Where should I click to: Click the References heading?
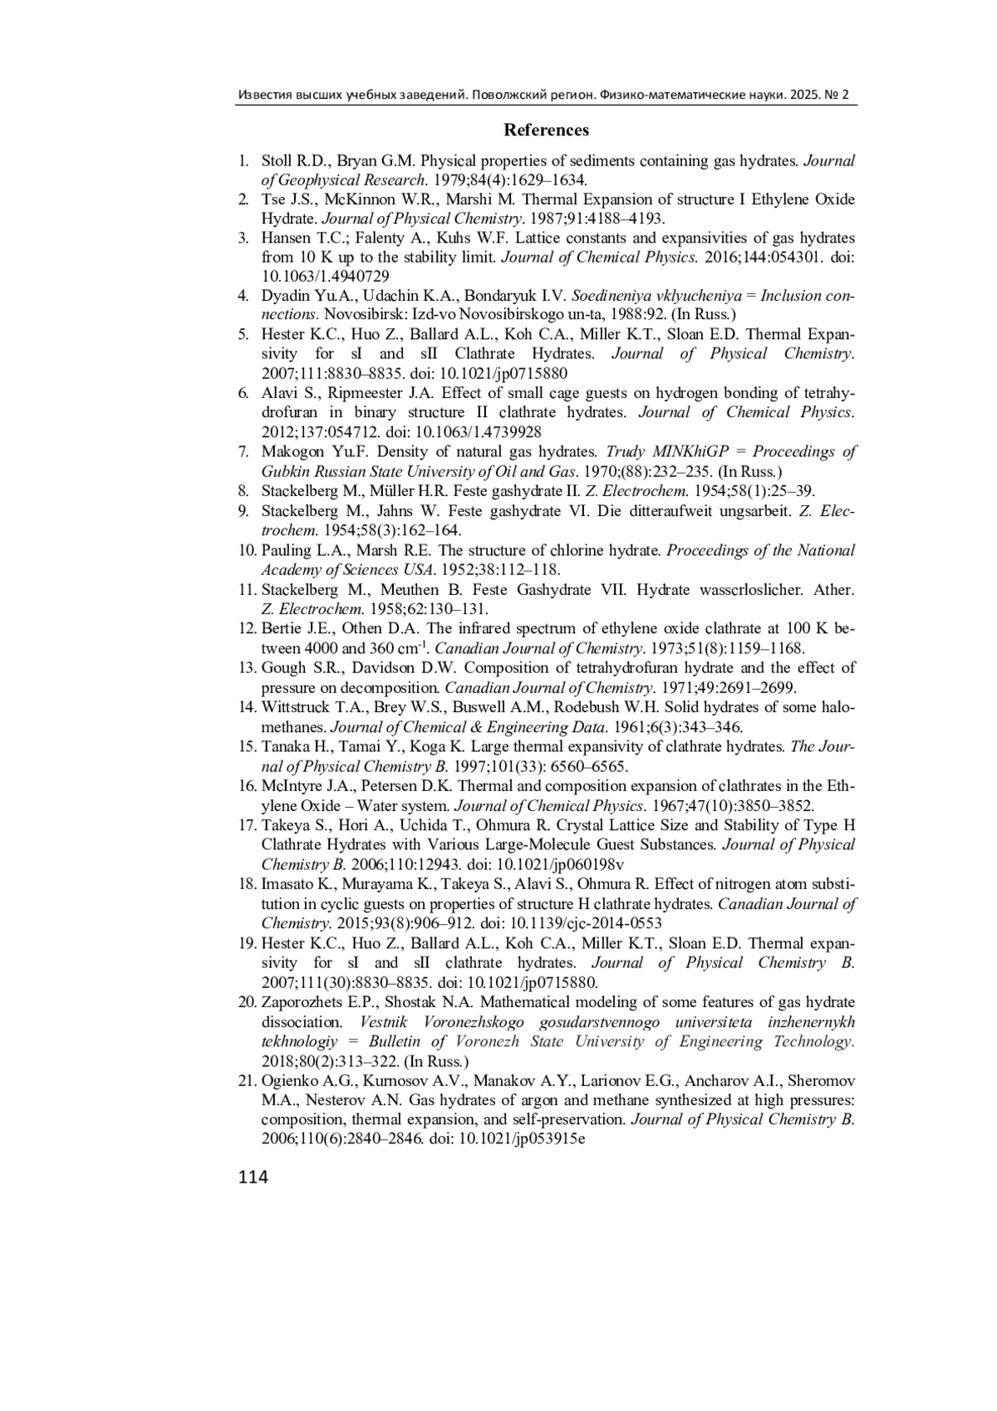point(546,130)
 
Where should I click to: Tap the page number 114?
point(253,1177)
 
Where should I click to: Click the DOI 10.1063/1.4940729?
point(326,277)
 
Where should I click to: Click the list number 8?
point(243,491)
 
